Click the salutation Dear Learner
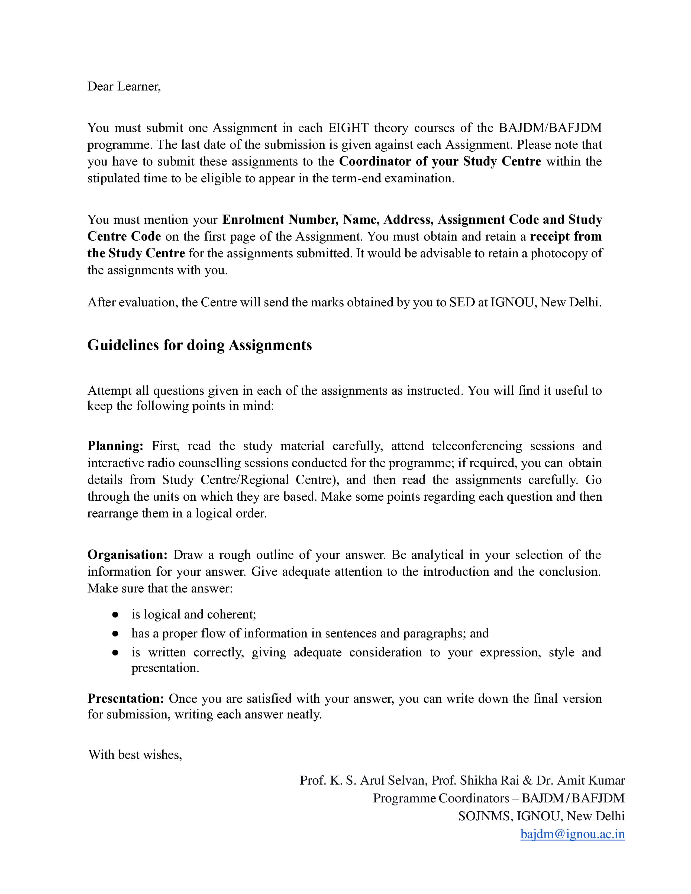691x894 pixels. coord(124,86)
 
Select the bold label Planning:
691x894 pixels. coord(115,445)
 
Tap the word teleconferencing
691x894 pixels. coord(477,445)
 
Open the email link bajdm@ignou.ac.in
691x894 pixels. coord(572,834)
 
